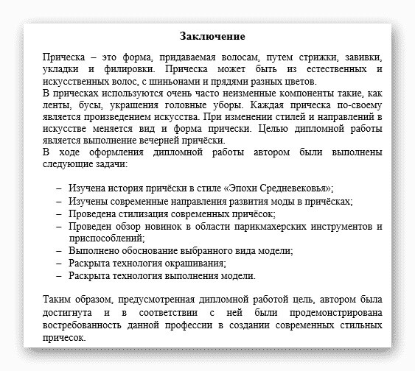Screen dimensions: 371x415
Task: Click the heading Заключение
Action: click(212, 36)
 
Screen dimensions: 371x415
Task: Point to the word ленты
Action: click(55, 106)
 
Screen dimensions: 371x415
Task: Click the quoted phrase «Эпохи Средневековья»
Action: click(282, 188)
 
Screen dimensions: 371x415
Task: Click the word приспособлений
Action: click(105, 238)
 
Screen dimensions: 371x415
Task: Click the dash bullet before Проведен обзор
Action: click(59, 226)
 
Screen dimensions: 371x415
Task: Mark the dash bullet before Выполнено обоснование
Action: click(59, 250)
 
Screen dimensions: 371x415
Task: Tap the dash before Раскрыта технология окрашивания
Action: click(59, 263)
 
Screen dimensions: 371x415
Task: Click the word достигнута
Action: click(69, 313)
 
